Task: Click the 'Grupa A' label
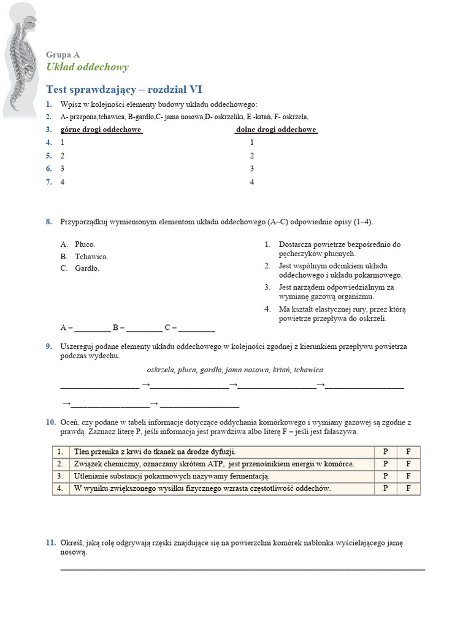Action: click(63, 55)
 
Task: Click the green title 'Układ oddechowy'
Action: click(87, 68)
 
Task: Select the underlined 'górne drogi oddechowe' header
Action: click(101, 130)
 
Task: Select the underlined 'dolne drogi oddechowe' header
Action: click(277, 130)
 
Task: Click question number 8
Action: click(48, 222)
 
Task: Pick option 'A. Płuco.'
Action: click(77, 244)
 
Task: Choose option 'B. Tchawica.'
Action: click(84, 257)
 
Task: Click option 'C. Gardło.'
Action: click(80, 268)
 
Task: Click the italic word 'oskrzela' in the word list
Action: click(161, 370)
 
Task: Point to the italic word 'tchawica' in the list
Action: click(308, 370)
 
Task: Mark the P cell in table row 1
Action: click(385, 452)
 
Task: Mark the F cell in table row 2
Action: click(408, 464)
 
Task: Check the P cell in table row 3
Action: click(385, 476)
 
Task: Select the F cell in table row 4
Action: click(408, 488)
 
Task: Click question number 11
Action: click(50, 544)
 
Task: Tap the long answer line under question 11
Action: click(242, 569)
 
